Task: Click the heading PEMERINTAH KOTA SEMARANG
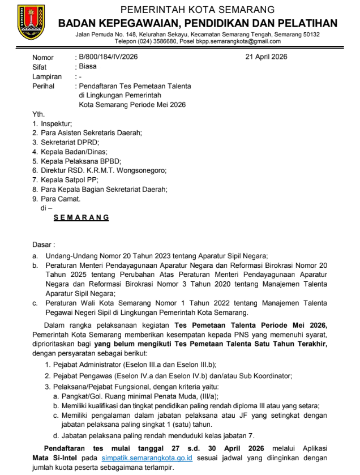click(198, 10)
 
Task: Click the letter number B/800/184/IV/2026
click(108, 57)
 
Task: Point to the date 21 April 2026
click(266, 57)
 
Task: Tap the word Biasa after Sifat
click(88, 66)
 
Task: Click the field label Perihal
click(43, 86)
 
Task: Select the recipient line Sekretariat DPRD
click(62, 142)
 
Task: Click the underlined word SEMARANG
click(81, 217)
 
